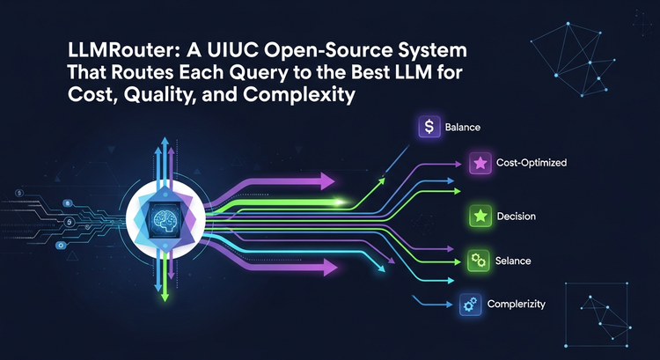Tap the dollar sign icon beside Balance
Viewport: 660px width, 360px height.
click(x=429, y=127)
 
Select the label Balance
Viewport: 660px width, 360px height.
click(x=463, y=128)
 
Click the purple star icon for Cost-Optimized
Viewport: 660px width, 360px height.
click(x=479, y=163)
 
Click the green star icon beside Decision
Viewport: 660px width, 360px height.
click(x=479, y=216)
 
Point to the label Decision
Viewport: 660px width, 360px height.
click(x=516, y=216)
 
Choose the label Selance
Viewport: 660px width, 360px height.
click(x=513, y=261)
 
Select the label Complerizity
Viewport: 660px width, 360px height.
click(x=516, y=305)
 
